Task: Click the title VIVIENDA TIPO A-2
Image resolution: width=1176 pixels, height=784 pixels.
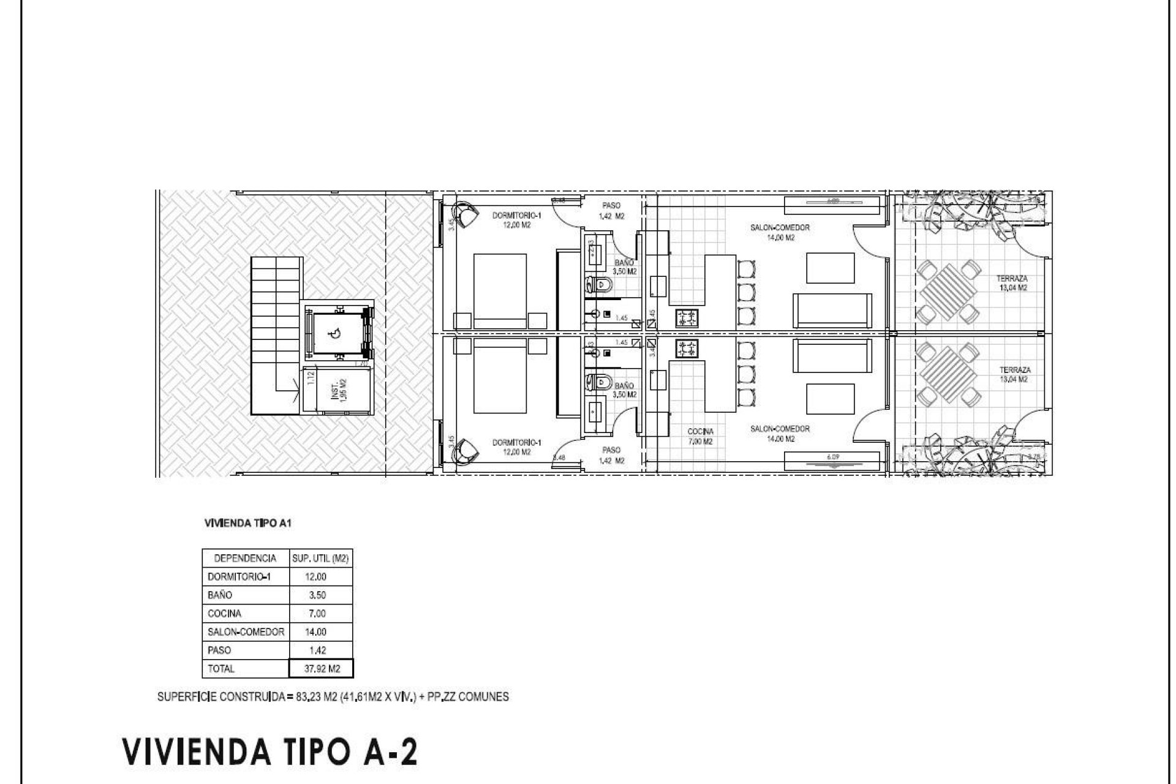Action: pyautogui.click(x=269, y=752)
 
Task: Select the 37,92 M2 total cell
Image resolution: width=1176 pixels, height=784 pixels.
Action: pyautogui.click(x=322, y=669)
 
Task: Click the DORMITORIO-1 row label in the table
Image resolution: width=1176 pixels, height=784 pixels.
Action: pyautogui.click(x=239, y=576)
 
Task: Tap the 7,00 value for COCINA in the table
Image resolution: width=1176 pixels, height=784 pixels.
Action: pyautogui.click(x=317, y=613)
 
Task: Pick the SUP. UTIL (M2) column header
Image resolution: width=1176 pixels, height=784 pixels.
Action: pyautogui.click(x=320, y=558)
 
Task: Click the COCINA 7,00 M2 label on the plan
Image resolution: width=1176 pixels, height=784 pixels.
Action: pyautogui.click(x=700, y=436)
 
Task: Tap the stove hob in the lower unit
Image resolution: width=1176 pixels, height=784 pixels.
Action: pyautogui.click(x=687, y=349)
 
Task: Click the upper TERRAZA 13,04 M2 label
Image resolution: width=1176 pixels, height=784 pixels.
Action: pyautogui.click(x=1011, y=282)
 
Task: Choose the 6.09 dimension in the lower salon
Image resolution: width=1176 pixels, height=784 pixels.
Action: pyautogui.click(x=831, y=456)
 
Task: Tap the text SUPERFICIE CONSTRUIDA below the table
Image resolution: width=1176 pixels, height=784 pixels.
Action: pyautogui.click(x=221, y=697)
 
